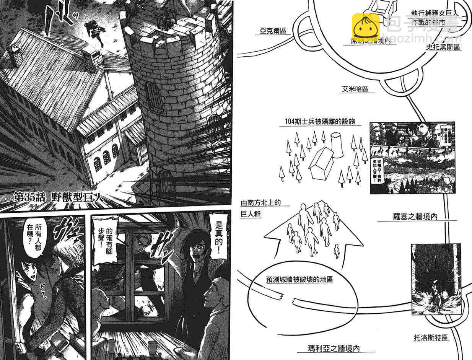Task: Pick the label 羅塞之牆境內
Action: coord(413,217)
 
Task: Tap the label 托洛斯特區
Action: coord(431,337)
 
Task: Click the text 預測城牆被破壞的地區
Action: coord(299,280)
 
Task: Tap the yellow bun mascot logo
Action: coord(366,27)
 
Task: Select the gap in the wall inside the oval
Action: coord(288,298)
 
